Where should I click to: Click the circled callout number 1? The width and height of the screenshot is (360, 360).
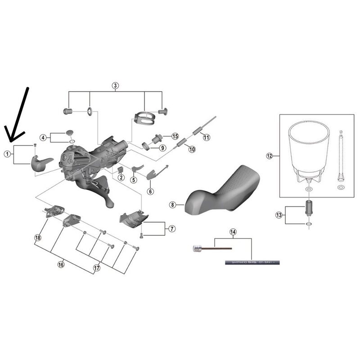coord(7,154)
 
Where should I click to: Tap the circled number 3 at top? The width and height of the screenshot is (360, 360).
coord(115,85)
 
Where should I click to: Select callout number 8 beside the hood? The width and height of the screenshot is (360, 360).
coord(172,205)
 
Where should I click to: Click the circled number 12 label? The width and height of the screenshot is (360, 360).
coord(270,156)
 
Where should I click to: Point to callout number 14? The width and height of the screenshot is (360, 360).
coord(233,232)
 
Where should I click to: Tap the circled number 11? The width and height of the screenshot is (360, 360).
coord(207,137)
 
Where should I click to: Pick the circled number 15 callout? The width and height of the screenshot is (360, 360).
coord(175,136)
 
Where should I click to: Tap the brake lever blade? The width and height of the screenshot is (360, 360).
coord(106,193)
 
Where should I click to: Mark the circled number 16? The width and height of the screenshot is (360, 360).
coord(61,264)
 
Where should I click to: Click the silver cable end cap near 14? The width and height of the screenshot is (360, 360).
coord(196,248)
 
